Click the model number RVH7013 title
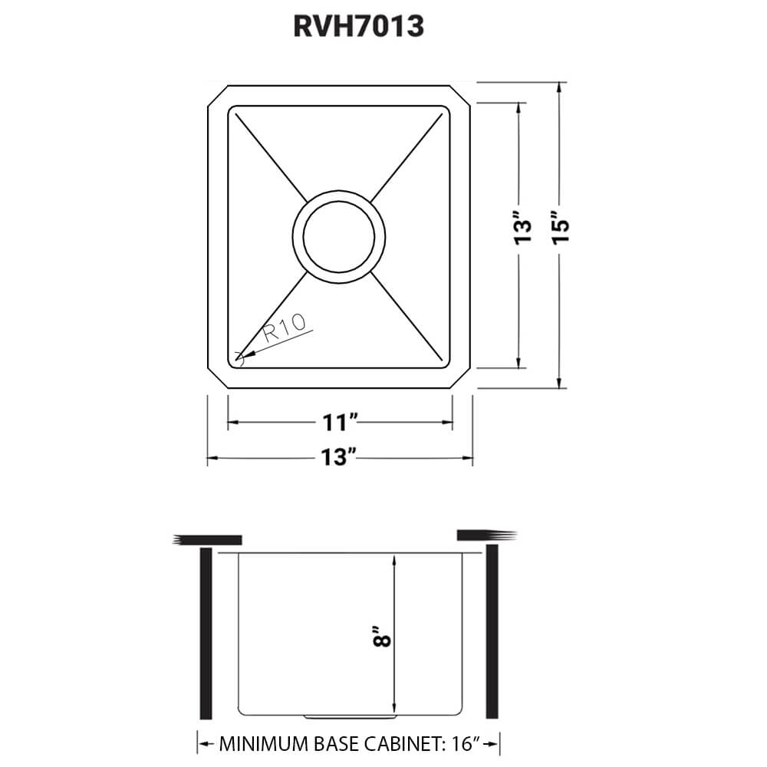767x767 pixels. point(358,27)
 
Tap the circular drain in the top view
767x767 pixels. point(338,235)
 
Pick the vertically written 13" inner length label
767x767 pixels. point(522,229)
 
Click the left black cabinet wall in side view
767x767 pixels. point(206,634)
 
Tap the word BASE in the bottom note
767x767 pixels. point(342,743)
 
